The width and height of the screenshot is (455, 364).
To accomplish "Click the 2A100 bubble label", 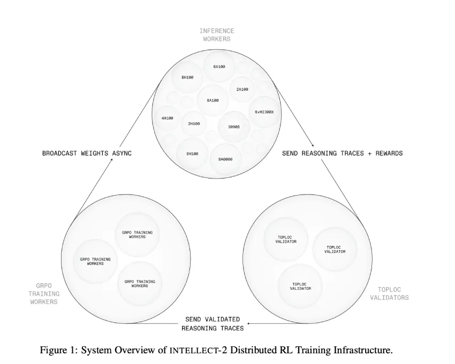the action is coord(242,90).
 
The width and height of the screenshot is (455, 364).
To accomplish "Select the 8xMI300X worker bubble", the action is coord(264,112).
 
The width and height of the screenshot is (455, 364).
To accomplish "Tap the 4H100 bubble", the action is coord(168,118).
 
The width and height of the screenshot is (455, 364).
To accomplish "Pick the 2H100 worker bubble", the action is coord(194,124).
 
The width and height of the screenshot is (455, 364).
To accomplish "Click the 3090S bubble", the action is coord(234,127).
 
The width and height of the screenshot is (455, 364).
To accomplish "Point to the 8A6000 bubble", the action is coord(225,159).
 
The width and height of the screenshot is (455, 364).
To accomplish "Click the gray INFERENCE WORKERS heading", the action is coord(217,35).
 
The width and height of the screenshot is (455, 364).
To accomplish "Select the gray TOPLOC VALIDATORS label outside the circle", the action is coord(389,293).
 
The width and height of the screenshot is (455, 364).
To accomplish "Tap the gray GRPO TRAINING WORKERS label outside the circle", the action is coord(44,293).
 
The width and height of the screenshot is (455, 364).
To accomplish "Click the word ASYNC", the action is coord(122,153).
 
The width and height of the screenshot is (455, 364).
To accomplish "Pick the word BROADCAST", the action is coord(59,153).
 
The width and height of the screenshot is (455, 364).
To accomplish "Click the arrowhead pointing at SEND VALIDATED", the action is coord(249,323).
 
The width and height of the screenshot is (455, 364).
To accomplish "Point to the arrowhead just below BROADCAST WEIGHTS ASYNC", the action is coord(111,160).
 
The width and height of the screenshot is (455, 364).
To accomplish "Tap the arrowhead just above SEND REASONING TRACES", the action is coord(313,145).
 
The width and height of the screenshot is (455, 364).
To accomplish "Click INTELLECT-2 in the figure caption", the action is coord(198,350).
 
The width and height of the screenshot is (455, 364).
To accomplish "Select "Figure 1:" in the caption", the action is coord(59,350).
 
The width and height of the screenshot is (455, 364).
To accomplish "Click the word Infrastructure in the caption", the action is coord(363,350).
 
